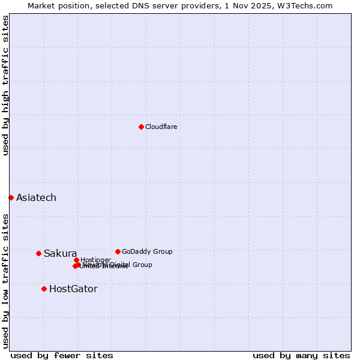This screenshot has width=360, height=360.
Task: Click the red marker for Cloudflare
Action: coord(141,127)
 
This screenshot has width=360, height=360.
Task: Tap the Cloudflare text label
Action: coord(161,127)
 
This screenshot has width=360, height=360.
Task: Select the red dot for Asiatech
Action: coord(11,197)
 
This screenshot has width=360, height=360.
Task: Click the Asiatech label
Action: coord(36,197)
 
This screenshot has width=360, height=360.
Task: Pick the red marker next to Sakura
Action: coord(38,253)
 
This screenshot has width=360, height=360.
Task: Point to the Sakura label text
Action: coord(60,253)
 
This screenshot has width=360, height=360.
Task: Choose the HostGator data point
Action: coord(44,289)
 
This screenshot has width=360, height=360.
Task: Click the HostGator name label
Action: coord(73,289)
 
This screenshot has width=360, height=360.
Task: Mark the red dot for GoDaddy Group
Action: coord(118,251)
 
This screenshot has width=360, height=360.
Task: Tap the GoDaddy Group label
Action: coord(147,251)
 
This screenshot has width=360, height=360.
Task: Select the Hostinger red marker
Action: coord(76,260)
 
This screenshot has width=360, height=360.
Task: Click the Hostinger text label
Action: coord(95,260)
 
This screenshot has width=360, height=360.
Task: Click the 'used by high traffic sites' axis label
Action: coord(5,85)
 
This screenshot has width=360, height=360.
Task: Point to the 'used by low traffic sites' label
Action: coord(5,280)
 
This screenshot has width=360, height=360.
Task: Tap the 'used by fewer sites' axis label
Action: coord(62,355)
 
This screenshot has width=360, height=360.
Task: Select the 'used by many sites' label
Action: coord(301,355)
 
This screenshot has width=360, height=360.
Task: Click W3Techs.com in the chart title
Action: coord(311,5)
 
